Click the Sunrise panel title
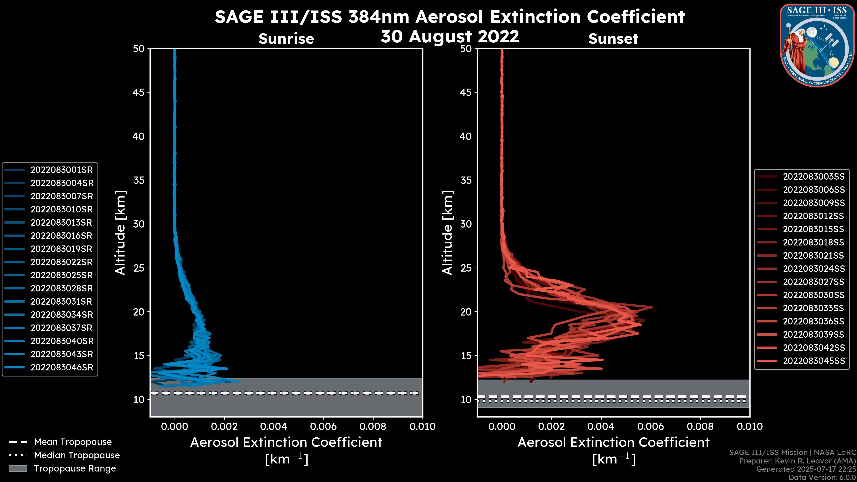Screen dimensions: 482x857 coord(286,39)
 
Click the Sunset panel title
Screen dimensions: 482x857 coord(613,39)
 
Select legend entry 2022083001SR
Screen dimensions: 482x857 coord(62,170)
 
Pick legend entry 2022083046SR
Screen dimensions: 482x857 coord(62,368)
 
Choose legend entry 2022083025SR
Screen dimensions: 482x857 coord(62,275)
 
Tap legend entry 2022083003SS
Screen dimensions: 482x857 coord(813,177)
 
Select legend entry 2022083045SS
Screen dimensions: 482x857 coord(814,361)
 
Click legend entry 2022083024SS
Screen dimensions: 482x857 coord(814,269)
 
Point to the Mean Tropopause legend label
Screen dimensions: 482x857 coord(73,442)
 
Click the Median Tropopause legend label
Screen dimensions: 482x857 coord(77,455)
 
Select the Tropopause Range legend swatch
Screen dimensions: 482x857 coord(18,469)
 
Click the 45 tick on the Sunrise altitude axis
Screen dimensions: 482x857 coord(139,92)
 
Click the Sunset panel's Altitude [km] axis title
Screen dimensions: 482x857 coord(447,233)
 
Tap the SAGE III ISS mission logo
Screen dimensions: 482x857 coord(816,46)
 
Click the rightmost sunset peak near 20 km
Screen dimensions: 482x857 coord(651,307)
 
